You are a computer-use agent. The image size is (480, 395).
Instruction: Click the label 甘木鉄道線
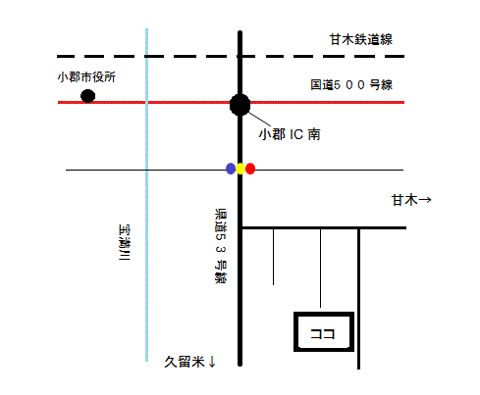pyautogui.click(x=360, y=39)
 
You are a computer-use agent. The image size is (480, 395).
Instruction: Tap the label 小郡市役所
pyautogui.click(x=86, y=77)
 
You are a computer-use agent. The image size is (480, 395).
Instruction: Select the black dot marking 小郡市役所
pyautogui.click(x=88, y=96)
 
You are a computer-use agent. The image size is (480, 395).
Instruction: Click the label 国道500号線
pyautogui.click(x=351, y=85)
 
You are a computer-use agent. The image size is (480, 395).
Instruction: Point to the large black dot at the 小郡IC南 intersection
pyautogui.click(x=240, y=105)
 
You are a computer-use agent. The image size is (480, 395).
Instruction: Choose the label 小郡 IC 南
pyautogui.click(x=290, y=134)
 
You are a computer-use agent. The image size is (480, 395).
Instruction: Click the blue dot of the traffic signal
pyautogui.click(x=231, y=169)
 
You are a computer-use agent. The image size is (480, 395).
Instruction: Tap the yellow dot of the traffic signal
pyautogui.click(x=240, y=169)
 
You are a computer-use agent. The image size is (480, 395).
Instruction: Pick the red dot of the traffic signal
pyautogui.click(x=250, y=169)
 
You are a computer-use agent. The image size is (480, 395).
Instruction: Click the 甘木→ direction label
pyautogui.click(x=411, y=200)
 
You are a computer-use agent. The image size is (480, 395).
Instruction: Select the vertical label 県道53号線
pyautogui.click(x=221, y=246)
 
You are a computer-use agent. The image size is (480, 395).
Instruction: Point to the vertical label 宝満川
pyautogui.click(x=124, y=242)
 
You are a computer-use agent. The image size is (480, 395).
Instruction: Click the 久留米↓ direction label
pyautogui.click(x=189, y=362)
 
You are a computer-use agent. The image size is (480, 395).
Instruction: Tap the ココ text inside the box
pyautogui.click(x=323, y=334)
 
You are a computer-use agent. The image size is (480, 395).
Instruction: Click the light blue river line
pyautogui.click(x=146, y=195)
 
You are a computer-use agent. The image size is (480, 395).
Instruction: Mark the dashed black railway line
pyautogui.click(x=231, y=57)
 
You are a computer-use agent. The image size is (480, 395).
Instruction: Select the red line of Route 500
pyautogui.click(x=231, y=102)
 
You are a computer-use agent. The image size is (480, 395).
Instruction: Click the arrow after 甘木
pyautogui.click(x=425, y=199)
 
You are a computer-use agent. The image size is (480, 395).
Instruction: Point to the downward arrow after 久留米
pyautogui.click(x=212, y=362)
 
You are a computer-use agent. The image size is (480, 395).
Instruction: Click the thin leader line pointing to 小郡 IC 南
pyautogui.click(x=260, y=120)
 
